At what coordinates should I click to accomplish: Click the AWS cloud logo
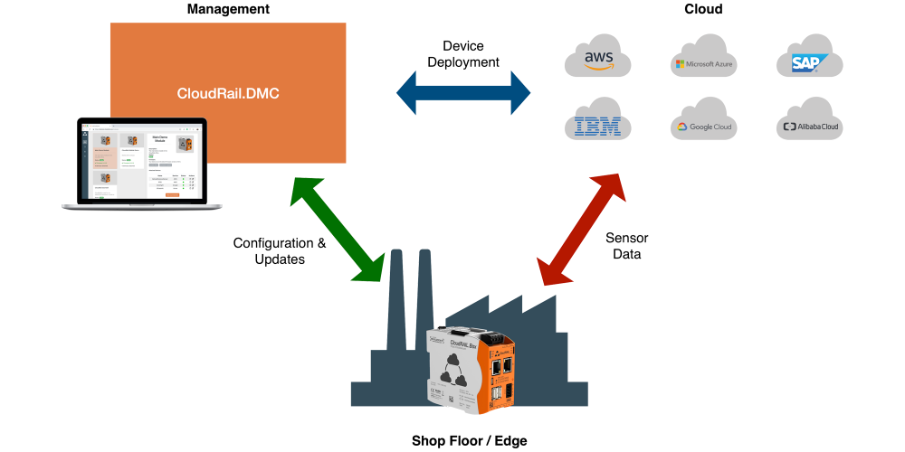[597, 61]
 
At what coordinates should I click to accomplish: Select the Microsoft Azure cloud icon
[703, 62]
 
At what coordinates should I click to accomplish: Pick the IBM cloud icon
[597, 125]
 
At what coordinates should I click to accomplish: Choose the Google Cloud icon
[703, 126]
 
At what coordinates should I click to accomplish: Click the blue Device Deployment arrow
[463, 91]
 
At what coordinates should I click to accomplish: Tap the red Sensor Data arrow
[580, 227]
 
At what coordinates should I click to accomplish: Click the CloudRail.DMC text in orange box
[227, 93]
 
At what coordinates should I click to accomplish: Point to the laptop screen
[140, 163]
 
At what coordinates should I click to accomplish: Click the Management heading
[227, 9]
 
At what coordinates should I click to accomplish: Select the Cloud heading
[702, 9]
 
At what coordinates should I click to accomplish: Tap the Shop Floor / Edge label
[469, 440]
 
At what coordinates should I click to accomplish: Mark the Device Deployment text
[463, 53]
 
